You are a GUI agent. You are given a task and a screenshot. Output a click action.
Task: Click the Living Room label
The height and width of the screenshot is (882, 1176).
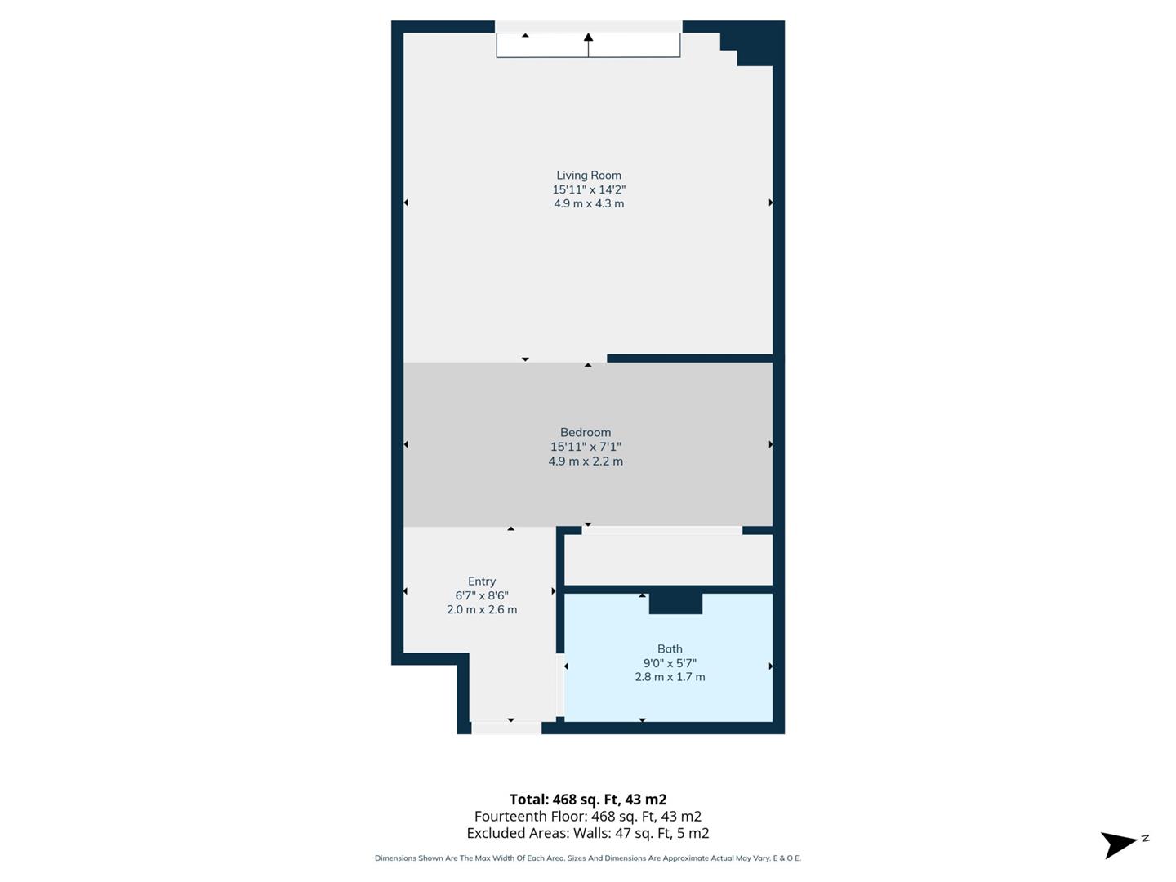point(589,175)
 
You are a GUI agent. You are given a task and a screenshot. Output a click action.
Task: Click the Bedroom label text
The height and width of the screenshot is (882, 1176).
point(586,432)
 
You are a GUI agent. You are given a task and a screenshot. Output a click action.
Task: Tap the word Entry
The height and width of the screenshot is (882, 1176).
point(482,581)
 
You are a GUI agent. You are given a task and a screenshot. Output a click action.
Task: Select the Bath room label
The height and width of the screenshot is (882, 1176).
point(670,649)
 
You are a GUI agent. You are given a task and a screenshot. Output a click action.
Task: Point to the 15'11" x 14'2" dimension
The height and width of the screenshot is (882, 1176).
point(589,189)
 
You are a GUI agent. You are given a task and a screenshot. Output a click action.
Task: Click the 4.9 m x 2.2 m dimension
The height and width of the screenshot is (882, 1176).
point(586,461)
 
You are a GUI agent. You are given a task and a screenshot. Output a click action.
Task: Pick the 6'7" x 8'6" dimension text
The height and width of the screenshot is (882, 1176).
point(482,595)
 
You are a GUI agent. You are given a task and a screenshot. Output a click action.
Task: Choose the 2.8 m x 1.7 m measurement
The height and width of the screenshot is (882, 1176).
point(670,677)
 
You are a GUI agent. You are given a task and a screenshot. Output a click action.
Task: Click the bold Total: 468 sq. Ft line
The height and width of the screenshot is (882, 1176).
point(588,800)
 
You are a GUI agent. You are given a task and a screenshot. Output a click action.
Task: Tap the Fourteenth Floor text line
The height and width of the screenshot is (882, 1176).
point(588,817)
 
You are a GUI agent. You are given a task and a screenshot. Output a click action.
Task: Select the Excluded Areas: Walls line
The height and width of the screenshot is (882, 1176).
point(588,833)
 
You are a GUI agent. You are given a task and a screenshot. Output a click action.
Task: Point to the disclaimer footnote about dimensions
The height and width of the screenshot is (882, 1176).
point(588,858)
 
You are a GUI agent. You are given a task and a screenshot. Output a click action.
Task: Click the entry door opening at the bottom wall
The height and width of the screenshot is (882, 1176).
point(506,728)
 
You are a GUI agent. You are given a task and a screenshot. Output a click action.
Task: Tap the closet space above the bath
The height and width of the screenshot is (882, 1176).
point(668,559)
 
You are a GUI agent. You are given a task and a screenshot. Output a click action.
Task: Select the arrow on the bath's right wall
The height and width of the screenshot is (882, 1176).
point(770,666)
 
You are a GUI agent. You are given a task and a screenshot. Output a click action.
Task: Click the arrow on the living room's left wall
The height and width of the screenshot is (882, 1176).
point(406,203)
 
